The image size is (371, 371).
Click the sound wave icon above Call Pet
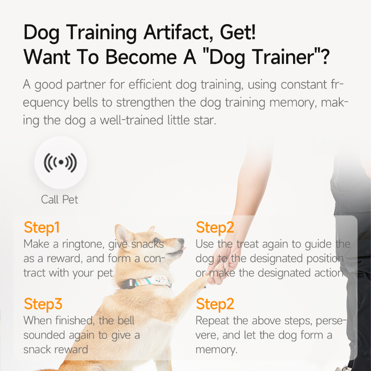[x=61, y=163]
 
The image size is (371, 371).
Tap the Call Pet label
[x=59, y=199]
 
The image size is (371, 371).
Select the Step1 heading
[x=42, y=228]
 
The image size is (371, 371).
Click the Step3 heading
[x=43, y=304]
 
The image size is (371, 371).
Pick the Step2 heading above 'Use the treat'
[x=215, y=228]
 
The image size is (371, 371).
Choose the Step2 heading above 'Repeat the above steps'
[x=215, y=304]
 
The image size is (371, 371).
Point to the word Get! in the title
[x=238, y=32]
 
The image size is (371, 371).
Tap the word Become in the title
[x=141, y=57]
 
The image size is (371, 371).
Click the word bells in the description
[x=85, y=102]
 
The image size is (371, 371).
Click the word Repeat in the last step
[x=212, y=321]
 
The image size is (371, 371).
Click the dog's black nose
[x=181, y=241]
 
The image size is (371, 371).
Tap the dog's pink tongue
[x=183, y=249]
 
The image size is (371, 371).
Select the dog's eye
[x=155, y=239]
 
